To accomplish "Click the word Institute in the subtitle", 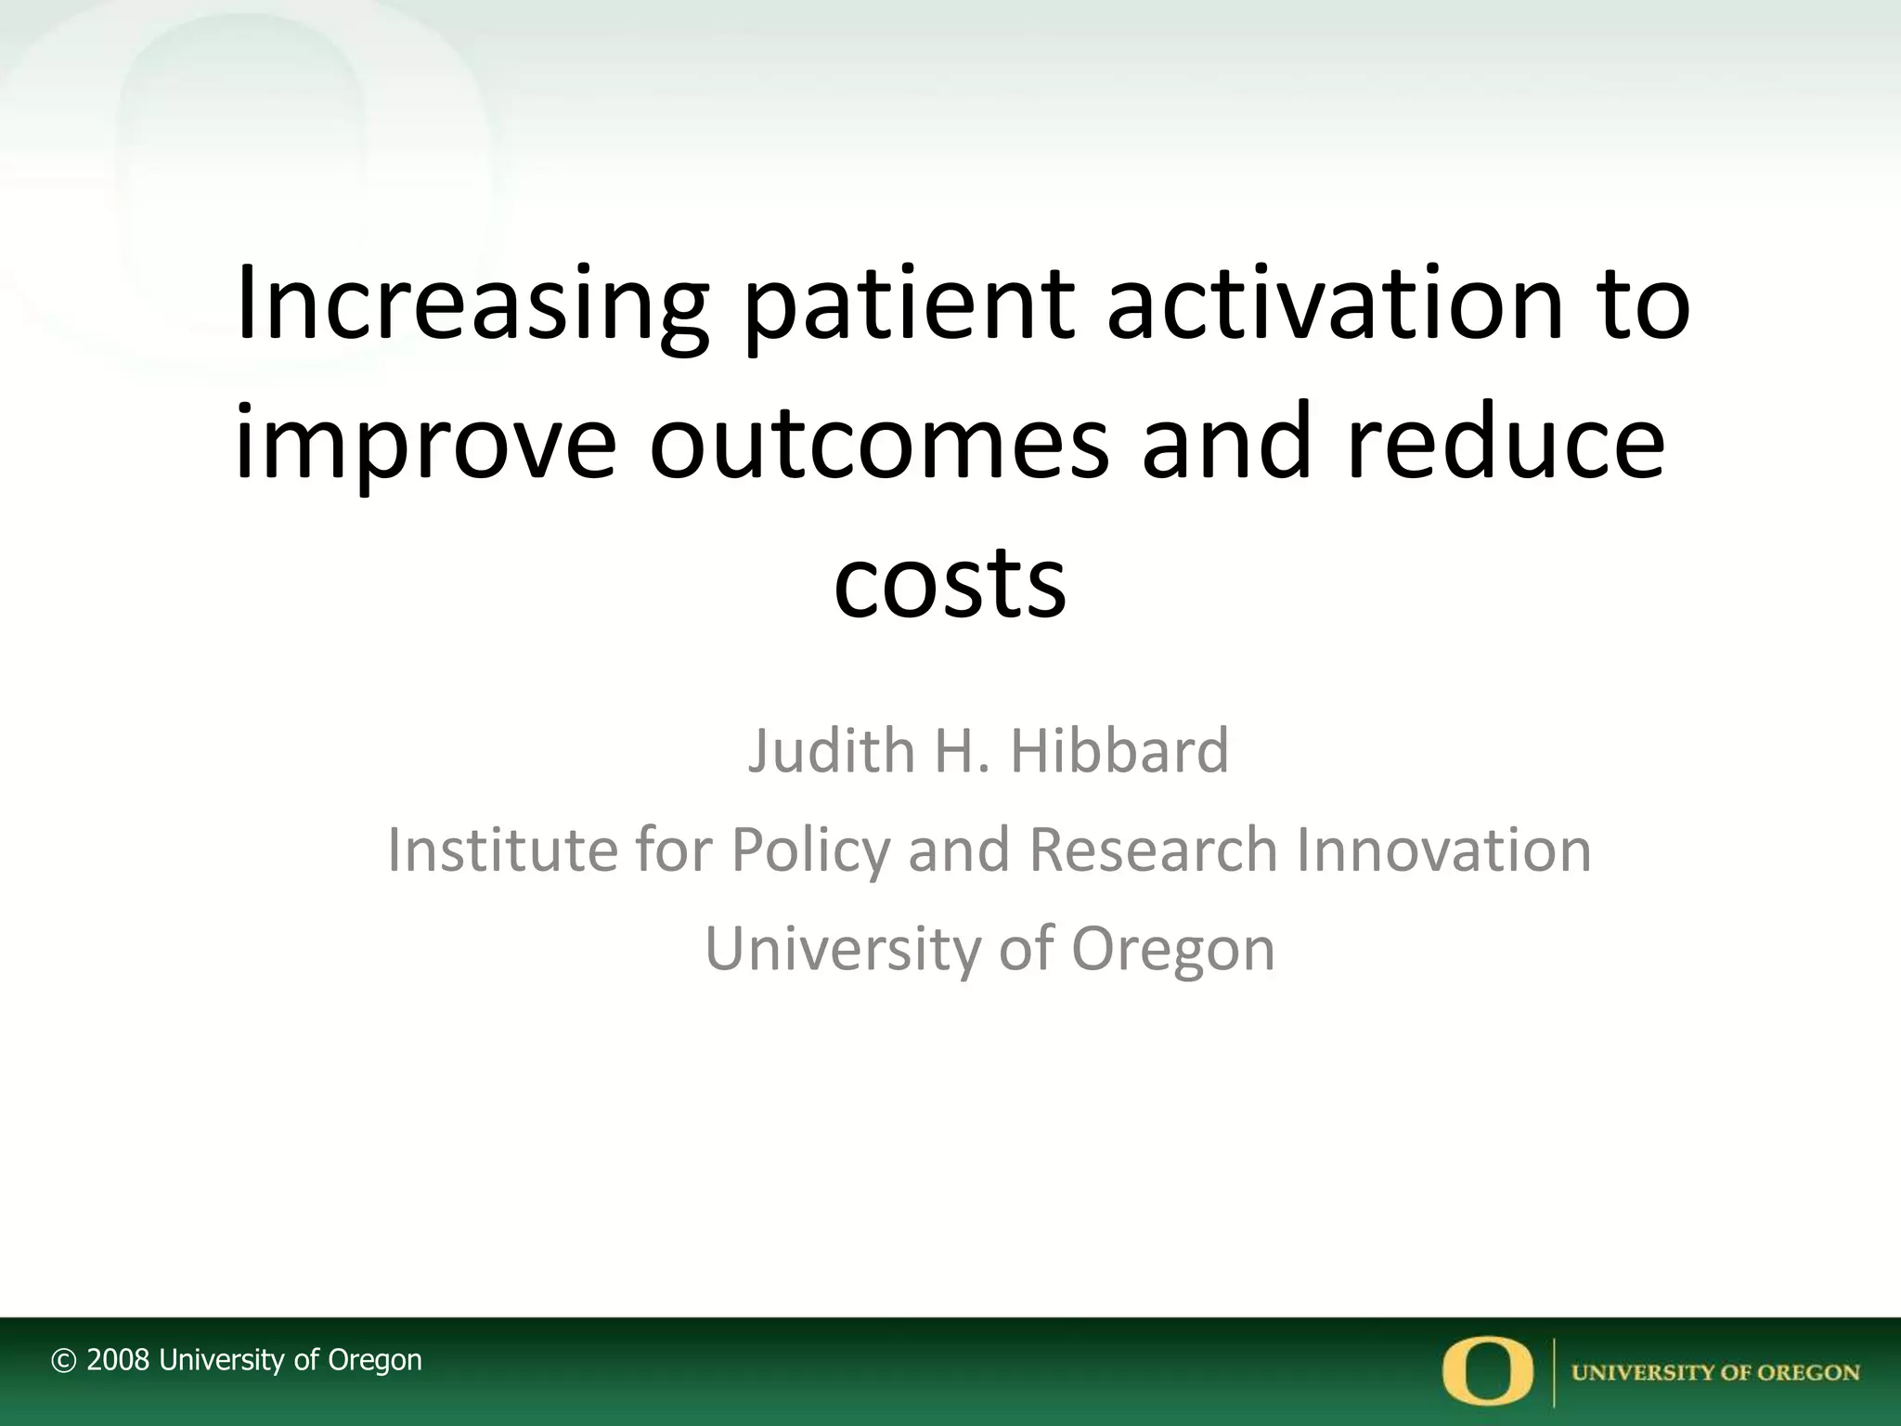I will tap(501, 849).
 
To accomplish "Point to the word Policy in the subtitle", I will tap(809, 851).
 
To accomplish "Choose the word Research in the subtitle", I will tap(1153, 849).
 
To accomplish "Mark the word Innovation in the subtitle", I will tap(1443, 849).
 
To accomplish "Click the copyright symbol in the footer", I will tap(63, 1361).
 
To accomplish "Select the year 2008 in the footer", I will tap(118, 1360).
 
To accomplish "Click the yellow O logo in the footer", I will tap(1488, 1371).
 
